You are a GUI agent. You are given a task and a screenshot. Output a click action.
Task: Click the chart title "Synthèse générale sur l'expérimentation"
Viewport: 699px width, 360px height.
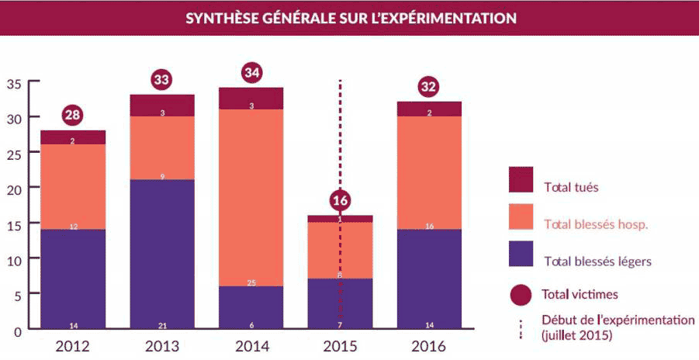[351, 17]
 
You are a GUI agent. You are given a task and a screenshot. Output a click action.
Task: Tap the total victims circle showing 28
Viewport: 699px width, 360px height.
[72, 116]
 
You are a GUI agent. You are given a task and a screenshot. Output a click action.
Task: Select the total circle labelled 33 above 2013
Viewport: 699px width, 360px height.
[161, 80]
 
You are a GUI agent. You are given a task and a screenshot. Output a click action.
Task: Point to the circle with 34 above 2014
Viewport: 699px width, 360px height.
[251, 73]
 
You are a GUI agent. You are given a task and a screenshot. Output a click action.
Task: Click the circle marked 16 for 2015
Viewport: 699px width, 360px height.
[340, 201]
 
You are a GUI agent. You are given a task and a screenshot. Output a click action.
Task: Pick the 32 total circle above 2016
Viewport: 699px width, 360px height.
[428, 87]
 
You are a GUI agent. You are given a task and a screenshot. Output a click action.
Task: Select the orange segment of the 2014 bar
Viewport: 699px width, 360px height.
[251, 198]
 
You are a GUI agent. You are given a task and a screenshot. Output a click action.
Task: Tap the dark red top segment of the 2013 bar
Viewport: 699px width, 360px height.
[161, 105]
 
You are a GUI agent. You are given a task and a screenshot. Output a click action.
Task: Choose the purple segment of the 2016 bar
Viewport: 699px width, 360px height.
[429, 279]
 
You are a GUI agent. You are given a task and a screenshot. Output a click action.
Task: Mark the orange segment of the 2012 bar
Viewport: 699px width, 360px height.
[72, 187]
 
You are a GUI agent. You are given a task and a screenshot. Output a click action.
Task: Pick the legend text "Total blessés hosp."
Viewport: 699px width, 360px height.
[596, 224]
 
